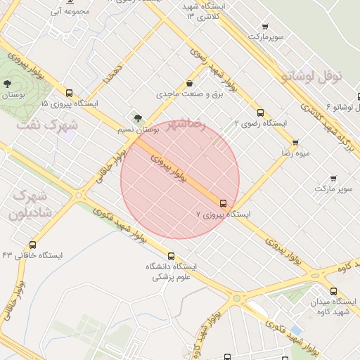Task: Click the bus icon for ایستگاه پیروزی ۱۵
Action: pos(69,93)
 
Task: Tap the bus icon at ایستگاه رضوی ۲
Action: pos(260,112)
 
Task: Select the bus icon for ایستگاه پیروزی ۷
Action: pos(224,202)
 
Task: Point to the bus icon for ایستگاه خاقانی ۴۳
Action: pos(33,245)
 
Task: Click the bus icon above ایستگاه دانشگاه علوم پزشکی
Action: pos(171,257)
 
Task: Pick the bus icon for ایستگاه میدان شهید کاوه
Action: pos(333,292)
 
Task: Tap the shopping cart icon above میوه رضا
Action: pos(295,143)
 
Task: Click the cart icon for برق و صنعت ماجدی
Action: pos(188,84)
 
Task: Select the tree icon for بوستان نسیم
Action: pos(137,118)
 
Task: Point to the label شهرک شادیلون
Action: pos(29,204)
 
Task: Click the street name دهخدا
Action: pos(113,74)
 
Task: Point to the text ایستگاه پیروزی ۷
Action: pos(222,213)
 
